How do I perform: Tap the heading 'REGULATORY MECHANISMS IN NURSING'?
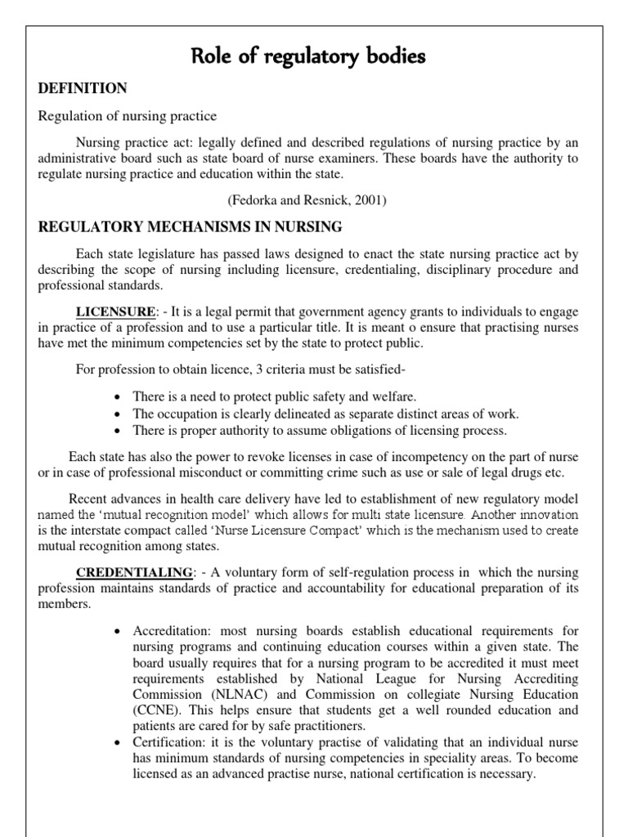coord(191,226)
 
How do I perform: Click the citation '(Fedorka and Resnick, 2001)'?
coord(314,199)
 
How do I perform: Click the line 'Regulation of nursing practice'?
coord(128,116)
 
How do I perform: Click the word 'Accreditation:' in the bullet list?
coord(169,633)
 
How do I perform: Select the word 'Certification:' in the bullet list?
coord(167,743)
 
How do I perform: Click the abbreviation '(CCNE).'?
coord(157,710)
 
